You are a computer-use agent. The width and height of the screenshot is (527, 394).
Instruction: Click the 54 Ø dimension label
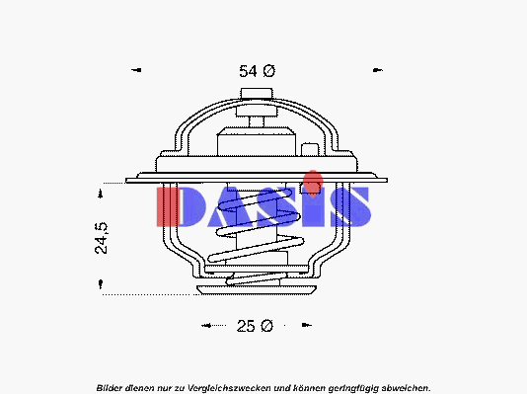coord(258,71)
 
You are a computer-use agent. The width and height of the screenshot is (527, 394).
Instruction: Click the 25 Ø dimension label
coord(255,326)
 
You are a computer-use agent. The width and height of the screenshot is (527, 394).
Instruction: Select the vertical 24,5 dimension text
coord(102,238)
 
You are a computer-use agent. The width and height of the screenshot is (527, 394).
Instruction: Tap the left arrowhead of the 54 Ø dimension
coord(136,70)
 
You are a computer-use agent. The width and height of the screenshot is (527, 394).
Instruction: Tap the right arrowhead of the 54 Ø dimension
coord(378,70)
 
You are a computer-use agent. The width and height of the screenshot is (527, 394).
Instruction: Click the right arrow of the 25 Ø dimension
coord(307,325)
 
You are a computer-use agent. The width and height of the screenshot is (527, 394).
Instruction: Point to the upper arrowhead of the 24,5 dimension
coord(100,194)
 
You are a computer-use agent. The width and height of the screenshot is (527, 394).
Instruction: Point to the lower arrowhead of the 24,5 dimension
coord(101,284)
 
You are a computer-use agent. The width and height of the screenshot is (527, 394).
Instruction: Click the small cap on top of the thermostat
coord(257,94)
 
